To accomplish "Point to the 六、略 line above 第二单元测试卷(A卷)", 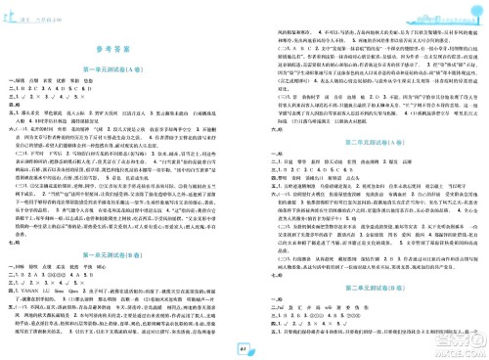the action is (258, 106).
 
